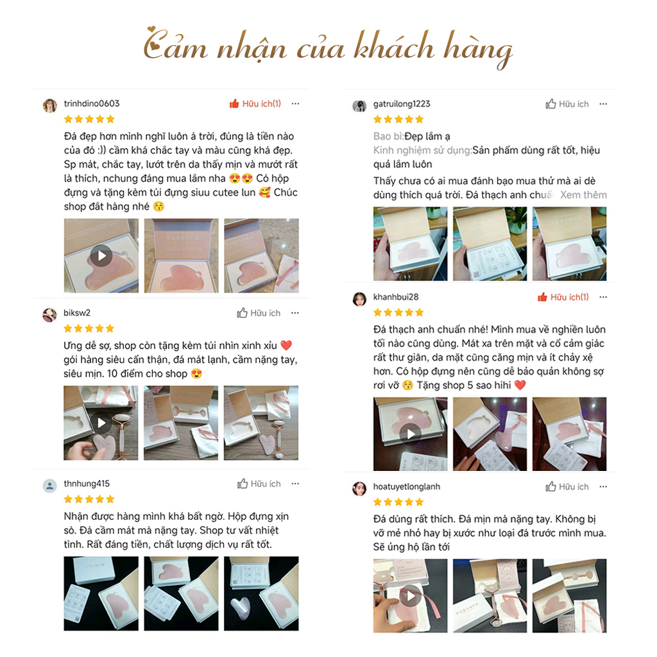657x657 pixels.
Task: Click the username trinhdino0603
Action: (92, 104)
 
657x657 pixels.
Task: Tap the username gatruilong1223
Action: (402, 104)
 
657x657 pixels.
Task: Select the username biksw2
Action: (77, 313)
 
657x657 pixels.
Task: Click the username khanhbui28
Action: (396, 297)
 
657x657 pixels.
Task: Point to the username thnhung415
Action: (87, 484)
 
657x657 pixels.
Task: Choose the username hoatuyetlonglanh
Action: (407, 487)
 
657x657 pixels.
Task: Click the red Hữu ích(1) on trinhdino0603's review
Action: (255, 104)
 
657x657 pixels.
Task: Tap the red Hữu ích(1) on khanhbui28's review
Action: (563, 297)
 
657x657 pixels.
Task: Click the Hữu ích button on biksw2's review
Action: (259, 313)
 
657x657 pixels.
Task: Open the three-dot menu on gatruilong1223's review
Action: (602, 104)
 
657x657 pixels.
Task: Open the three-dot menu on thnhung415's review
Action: (294, 484)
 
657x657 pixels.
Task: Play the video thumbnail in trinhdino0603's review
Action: (101, 256)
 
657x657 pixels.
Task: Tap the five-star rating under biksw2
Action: (89, 328)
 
